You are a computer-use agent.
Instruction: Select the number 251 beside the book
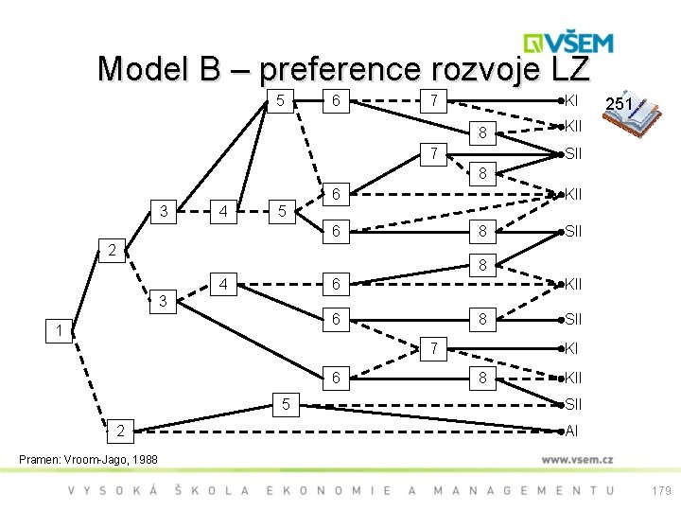click(x=620, y=104)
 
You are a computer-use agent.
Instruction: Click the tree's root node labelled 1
click(x=59, y=331)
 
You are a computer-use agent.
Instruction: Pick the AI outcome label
click(x=571, y=432)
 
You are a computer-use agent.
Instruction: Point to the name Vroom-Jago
click(x=96, y=459)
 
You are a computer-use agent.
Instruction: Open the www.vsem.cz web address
click(x=579, y=459)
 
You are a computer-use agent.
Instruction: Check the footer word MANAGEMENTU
click(x=523, y=490)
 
